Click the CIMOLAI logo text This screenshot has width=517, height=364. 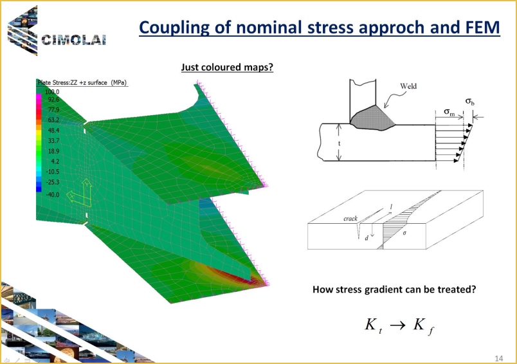[73, 40]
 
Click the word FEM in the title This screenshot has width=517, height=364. [483, 28]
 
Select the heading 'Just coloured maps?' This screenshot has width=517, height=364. [227, 68]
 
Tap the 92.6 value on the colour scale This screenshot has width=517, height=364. [53, 99]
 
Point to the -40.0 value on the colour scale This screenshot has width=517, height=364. [53, 194]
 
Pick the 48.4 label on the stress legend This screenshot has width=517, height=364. [53, 131]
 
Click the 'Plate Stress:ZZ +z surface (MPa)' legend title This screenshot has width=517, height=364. [82, 82]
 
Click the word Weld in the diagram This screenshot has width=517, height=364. [408, 86]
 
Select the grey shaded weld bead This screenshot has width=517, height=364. [372, 118]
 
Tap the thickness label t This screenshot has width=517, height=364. [339, 143]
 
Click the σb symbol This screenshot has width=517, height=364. [470, 101]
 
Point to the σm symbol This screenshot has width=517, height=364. [449, 112]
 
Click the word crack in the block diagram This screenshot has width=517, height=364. [350, 218]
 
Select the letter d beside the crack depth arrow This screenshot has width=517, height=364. [367, 238]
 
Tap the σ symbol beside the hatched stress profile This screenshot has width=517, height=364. [404, 233]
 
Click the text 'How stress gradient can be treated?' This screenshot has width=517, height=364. [394, 289]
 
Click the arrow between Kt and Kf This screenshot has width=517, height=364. [397, 325]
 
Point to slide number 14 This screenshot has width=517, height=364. [498, 358]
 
